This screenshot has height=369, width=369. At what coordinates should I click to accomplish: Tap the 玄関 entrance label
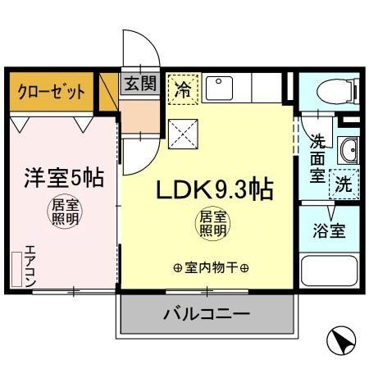140,83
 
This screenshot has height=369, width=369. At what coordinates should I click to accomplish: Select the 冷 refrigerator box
184,89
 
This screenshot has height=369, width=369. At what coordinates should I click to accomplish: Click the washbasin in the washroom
348,150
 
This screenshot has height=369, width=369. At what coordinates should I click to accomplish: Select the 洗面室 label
317,156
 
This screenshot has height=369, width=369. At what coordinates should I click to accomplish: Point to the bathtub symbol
330,271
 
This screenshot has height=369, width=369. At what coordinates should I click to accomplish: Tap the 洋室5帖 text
62,176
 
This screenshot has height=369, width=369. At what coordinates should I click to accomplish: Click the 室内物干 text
211,267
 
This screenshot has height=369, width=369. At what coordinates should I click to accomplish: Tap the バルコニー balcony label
206,313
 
